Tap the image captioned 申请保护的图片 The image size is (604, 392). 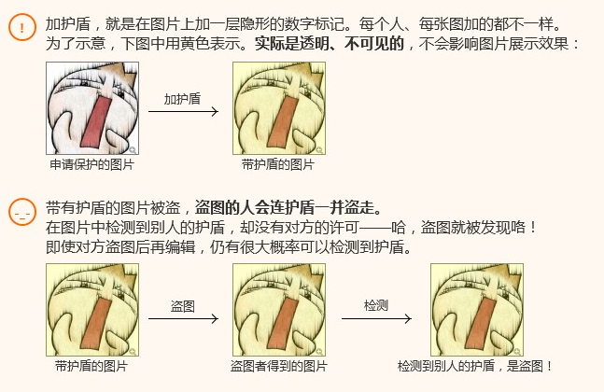tap(92, 108)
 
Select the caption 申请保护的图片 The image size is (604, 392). tap(91, 164)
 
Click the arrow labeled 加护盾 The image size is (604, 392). tap(183, 112)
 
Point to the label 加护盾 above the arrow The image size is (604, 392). tap(182, 98)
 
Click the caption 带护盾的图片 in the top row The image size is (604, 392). tap(278, 164)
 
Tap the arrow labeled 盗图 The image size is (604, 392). tap(183, 318)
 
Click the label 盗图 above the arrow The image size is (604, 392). tap(182, 306)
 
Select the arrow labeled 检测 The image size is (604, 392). tap(376, 318)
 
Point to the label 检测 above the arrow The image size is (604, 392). tap(376, 306)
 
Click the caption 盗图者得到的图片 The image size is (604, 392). tap(278, 366)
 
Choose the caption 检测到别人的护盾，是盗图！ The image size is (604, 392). tap(475, 366)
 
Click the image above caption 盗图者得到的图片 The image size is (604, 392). tap(278, 310)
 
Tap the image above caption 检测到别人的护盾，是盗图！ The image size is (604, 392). tap(476, 310)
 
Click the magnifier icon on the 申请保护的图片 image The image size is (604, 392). tap(133, 149)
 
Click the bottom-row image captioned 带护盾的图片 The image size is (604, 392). tap(91, 310)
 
